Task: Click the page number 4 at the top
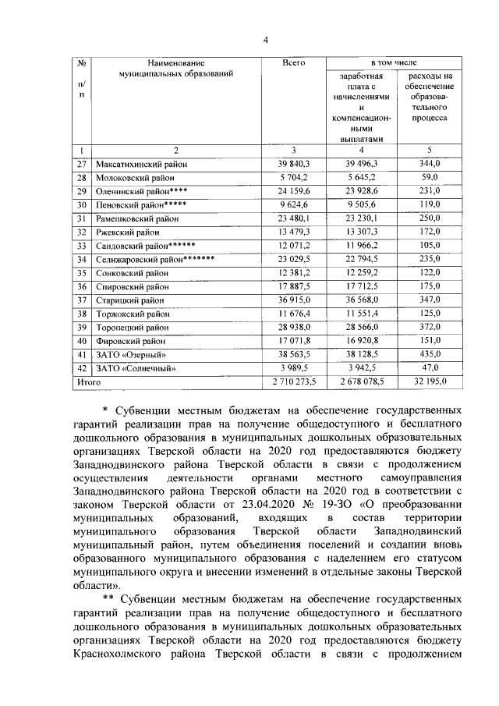(x=265, y=41)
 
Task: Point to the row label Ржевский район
(x=127, y=232)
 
